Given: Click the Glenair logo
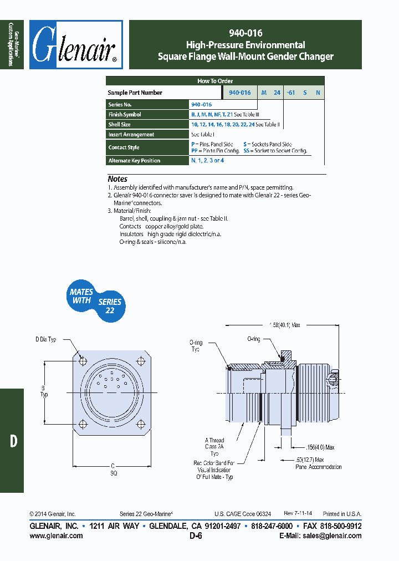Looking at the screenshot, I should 76,45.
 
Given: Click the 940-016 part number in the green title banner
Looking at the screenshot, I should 245,33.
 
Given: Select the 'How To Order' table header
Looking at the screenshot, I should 215,81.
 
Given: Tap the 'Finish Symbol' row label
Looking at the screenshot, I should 125,115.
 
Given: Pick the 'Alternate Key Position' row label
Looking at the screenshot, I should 134,161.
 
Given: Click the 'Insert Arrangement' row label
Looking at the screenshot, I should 131,135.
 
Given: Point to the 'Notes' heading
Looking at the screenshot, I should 117,179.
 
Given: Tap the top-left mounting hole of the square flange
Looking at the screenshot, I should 83,361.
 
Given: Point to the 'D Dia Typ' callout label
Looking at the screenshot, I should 46,339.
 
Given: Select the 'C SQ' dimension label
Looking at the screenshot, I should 113,470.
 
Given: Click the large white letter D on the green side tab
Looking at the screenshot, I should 13,441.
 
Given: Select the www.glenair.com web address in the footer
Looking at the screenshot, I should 56,535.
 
